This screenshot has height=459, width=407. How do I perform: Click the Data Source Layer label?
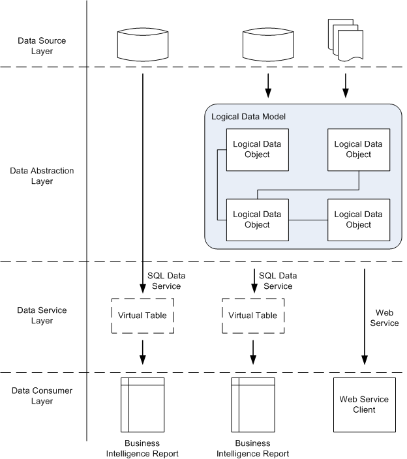(42, 46)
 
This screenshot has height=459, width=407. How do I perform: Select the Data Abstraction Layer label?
(42, 176)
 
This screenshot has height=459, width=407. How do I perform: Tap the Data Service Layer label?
(42, 316)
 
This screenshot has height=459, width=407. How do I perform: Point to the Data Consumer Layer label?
(42, 396)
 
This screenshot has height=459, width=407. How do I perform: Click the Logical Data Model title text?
(249, 117)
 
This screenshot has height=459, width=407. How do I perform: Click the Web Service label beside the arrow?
(384, 318)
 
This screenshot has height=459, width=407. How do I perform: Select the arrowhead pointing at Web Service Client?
(365, 359)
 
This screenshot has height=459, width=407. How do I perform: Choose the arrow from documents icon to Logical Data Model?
(345, 83)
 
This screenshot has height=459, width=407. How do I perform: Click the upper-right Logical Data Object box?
(358, 149)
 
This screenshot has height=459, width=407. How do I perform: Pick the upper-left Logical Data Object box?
(257, 149)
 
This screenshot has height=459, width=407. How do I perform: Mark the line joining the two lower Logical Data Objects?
(307, 220)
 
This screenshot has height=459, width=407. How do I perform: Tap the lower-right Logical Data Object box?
(358, 220)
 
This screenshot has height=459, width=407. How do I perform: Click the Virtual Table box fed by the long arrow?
(142, 316)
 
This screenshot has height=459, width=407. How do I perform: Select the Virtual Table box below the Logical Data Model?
(253, 316)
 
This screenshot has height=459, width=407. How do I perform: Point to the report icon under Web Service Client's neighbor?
(253, 404)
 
